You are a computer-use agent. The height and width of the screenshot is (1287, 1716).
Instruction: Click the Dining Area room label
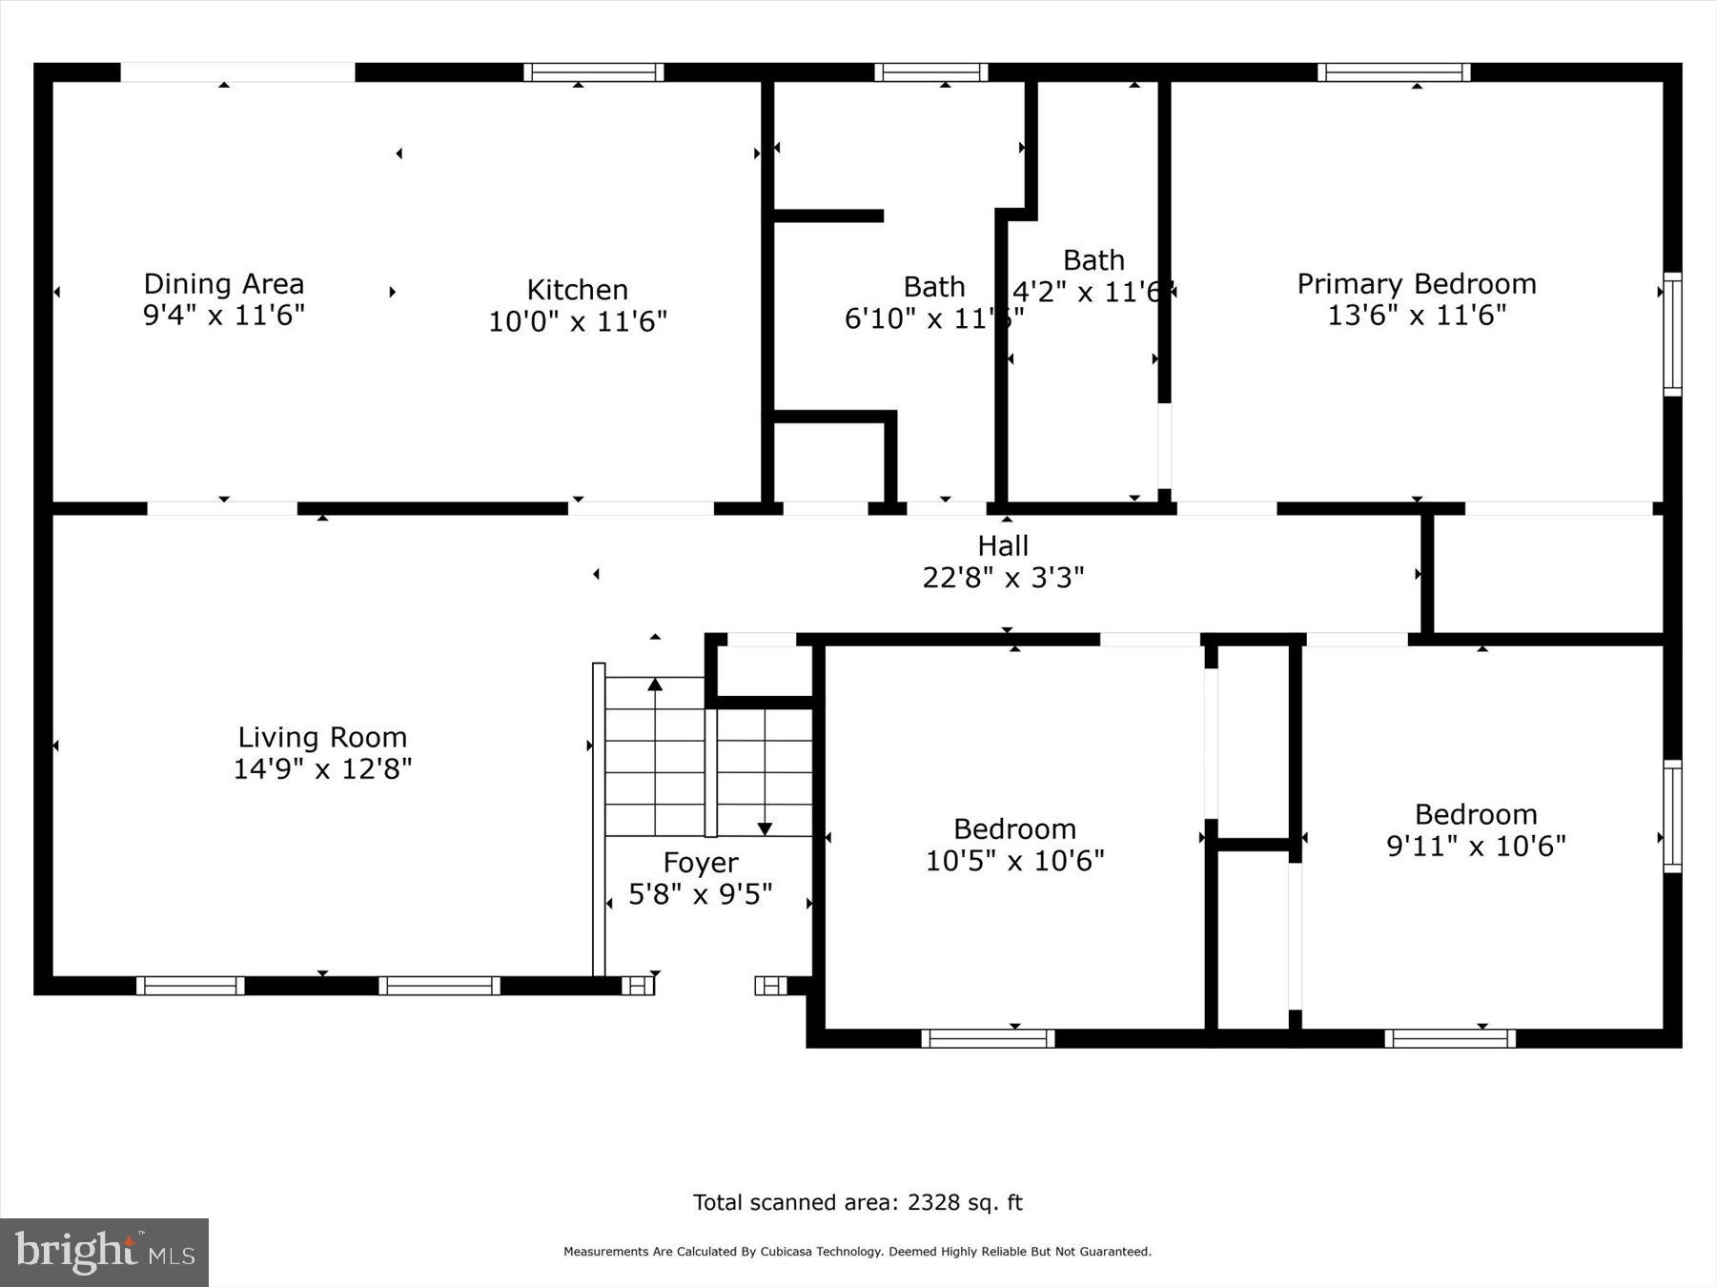click(x=224, y=284)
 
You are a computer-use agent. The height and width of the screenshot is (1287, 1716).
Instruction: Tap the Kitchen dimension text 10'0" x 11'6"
click(x=578, y=322)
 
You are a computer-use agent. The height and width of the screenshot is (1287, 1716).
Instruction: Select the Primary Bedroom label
click(x=1417, y=284)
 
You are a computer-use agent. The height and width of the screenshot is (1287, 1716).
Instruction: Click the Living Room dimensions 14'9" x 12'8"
click(x=322, y=769)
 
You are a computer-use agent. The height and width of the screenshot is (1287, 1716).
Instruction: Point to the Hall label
click(x=1003, y=546)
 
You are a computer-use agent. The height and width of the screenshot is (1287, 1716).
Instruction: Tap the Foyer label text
click(x=701, y=863)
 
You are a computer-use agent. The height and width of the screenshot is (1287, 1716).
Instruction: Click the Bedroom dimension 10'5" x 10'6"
click(x=1014, y=861)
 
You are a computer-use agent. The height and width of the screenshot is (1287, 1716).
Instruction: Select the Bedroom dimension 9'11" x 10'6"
click(x=1476, y=847)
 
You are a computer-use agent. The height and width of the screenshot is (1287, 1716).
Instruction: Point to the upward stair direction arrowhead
click(x=655, y=684)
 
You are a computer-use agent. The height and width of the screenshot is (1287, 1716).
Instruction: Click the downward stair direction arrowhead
click(x=765, y=828)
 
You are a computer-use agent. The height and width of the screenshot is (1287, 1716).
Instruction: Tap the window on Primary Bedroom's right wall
click(x=1672, y=334)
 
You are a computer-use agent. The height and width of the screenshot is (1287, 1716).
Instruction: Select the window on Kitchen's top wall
click(x=593, y=72)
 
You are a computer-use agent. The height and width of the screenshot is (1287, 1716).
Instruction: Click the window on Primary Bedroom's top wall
click(x=1394, y=72)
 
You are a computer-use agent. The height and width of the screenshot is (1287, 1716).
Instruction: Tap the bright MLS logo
click(x=104, y=1252)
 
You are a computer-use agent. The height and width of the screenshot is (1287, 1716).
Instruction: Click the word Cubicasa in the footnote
click(x=786, y=1252)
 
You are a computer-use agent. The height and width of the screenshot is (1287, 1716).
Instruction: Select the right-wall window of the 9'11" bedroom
click(x=1672, y=816)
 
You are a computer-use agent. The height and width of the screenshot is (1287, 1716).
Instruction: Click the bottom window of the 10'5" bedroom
click(x=988, y=1038)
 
